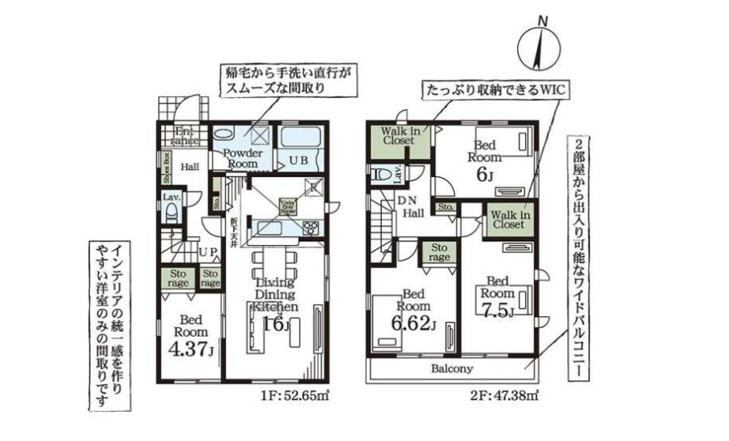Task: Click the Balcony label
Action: point(451,369)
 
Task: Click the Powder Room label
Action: point(239,157)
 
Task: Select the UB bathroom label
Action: point(299,161)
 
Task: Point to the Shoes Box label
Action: point(167,168)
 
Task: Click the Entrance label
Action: point(185,135)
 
